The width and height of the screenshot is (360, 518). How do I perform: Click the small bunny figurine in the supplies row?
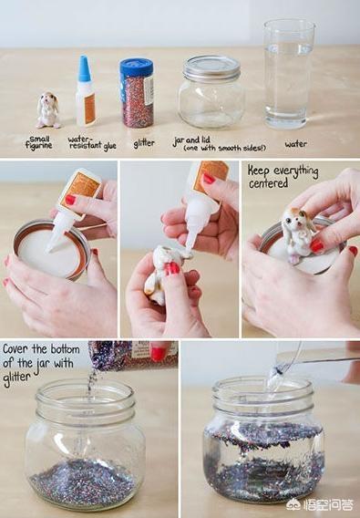(48, 110)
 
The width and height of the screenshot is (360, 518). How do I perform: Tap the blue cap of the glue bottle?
(85, 68)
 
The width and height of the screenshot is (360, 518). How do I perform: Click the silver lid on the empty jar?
(211, 68)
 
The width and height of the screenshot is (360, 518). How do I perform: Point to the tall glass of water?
(288, 74)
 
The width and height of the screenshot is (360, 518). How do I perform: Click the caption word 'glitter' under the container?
(144, 144)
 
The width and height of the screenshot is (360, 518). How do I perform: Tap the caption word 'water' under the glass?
(296, 144)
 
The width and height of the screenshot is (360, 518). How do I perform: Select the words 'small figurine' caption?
(39, 142)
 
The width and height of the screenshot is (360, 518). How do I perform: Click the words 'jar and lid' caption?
(191, 140)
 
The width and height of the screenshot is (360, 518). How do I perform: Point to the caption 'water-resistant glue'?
(92, 143)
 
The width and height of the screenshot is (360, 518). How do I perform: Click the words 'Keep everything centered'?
(283, 176)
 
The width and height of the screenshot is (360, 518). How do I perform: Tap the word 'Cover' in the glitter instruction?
(15, 349)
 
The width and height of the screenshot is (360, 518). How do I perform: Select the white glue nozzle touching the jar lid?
(57, 233)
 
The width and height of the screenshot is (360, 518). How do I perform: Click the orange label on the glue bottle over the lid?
(83, 186)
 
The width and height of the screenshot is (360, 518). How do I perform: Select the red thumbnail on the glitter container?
(159, 354)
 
